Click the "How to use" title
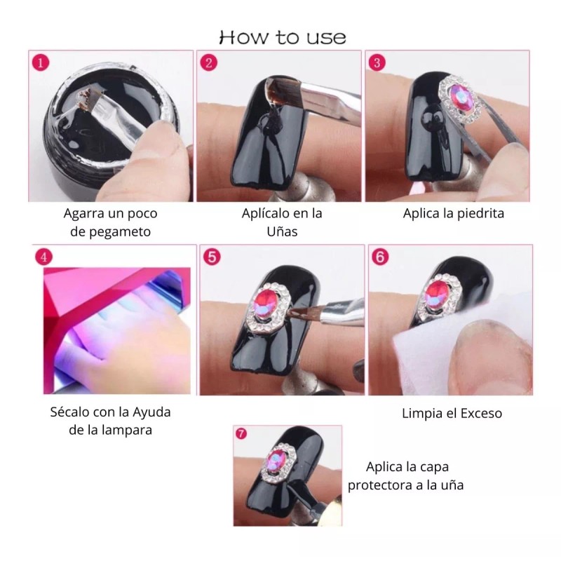point(283,37)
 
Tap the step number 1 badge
point(41,62)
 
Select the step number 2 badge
point(208,62)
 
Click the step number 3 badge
point(377,62)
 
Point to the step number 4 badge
point(43,257)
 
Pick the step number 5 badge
point(212,257)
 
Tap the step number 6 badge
point(380,257)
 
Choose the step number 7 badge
point(241,433)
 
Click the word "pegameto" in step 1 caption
point(120,232)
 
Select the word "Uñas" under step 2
point(282,231)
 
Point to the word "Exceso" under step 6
point(481,413)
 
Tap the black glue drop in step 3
point(431,117)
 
